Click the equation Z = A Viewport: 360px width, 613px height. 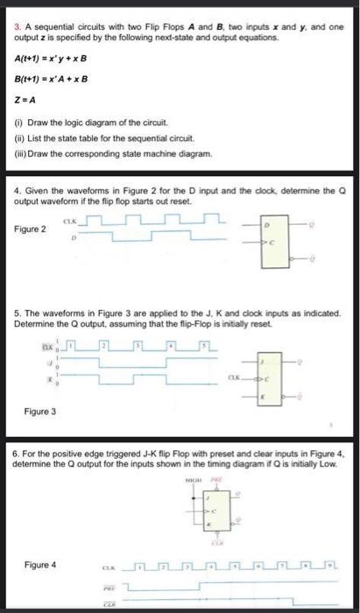[25, 102]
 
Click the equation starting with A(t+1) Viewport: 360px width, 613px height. [53, 59]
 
